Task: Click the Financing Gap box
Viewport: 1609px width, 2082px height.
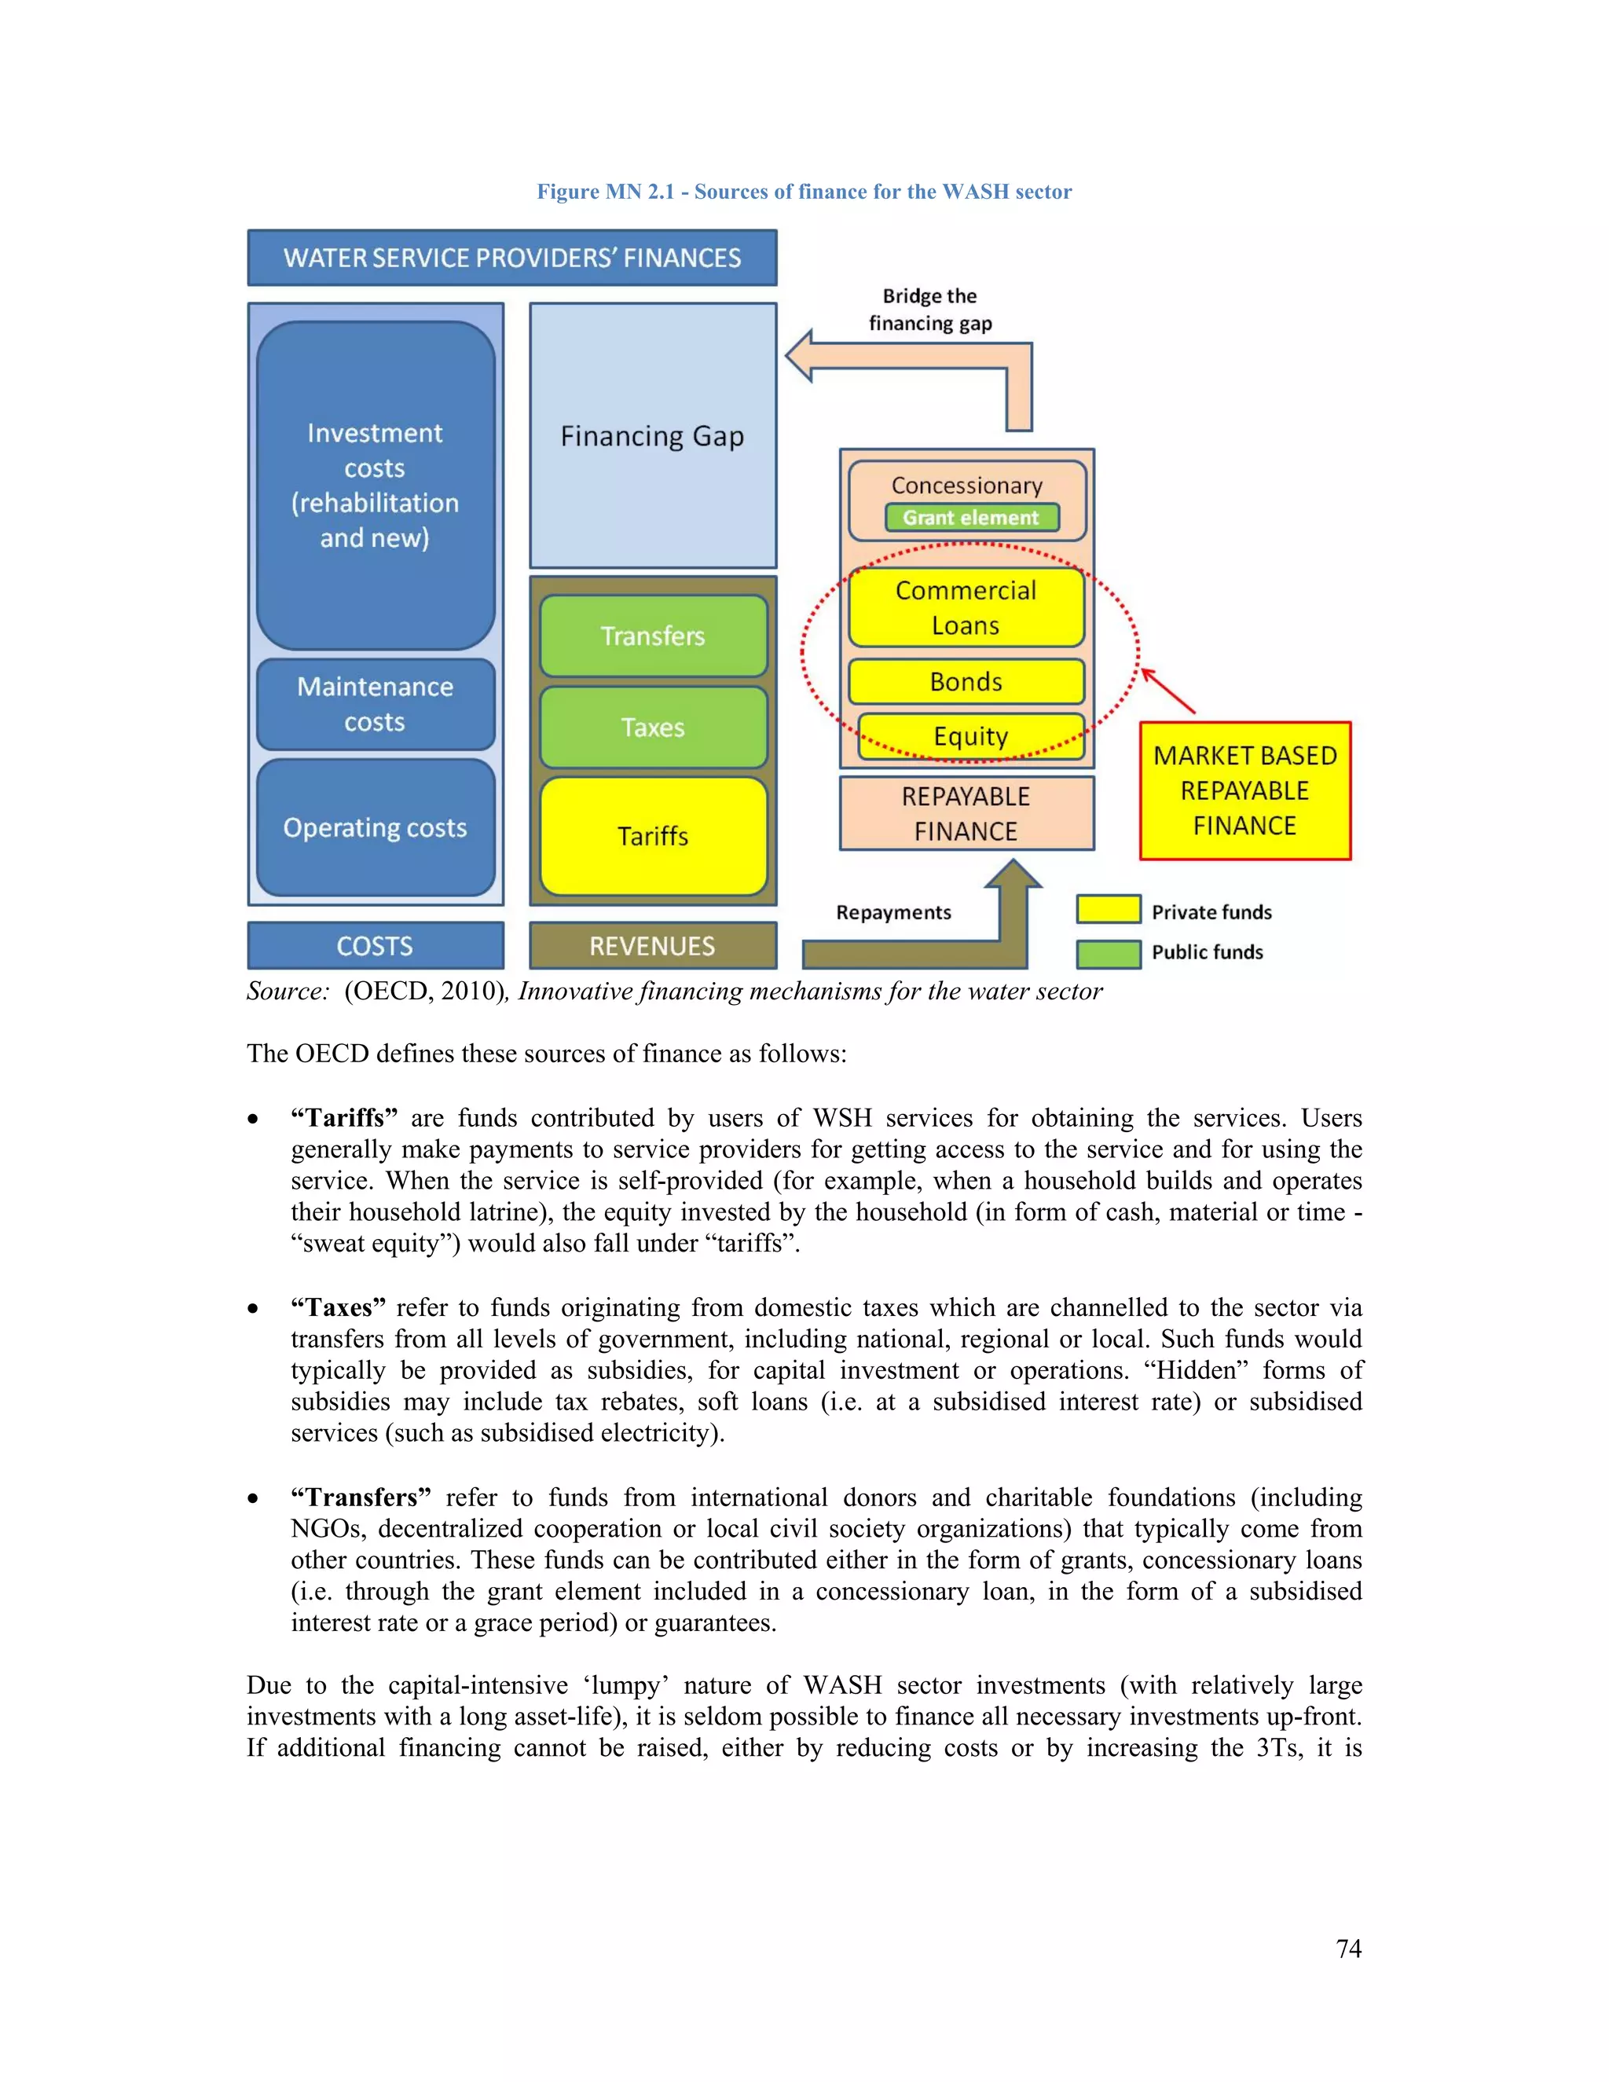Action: (x=653, y=436)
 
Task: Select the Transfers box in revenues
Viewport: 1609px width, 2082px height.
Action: (x=653, y=636)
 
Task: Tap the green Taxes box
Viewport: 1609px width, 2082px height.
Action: (x=653, y=728)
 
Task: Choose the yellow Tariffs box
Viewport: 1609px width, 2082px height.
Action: (x=653, y=836)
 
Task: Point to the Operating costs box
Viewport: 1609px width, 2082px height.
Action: (x=375, y=827)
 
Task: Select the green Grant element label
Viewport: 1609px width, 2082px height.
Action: (x=970, y=518)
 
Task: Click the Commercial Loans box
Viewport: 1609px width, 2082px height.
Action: (x=966, y=607)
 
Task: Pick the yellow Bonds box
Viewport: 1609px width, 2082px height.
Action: (x=966, y=682)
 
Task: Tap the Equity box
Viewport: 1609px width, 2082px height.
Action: (x=970, y=736)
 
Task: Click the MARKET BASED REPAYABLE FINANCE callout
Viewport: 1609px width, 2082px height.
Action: (x=1245, y=790)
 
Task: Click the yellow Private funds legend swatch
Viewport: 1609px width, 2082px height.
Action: (x=1108, y=910)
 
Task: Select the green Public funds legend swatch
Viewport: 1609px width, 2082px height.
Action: (x=1108, y=953)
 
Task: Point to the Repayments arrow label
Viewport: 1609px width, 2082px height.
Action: (x=893, y=912)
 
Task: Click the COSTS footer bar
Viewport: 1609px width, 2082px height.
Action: (x=375, y=946)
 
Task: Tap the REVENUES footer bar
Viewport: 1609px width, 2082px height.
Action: (x=653, y=946)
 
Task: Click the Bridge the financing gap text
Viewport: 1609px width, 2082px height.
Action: (x=929, y=310)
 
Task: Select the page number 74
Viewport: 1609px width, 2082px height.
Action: (x=1348, y=1948)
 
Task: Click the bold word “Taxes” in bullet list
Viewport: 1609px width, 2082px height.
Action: (x=339, y=1307)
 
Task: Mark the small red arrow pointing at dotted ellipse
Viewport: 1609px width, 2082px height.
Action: (x=1167, y=690)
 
